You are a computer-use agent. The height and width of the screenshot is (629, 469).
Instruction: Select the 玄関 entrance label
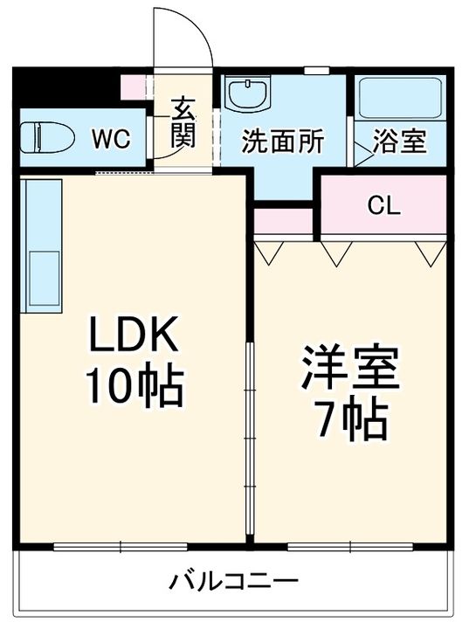click(183, 124)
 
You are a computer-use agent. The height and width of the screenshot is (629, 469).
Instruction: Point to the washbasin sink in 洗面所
click(251, 93)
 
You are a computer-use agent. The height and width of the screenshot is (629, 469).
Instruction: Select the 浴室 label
click(400, 142)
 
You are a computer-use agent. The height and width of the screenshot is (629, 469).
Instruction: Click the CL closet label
click(383, 206)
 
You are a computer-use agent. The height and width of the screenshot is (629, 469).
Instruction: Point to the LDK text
click(134, 335)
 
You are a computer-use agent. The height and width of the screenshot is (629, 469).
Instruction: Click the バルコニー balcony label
click(234, 581)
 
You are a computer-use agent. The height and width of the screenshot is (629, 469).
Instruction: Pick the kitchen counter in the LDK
click(42, 246)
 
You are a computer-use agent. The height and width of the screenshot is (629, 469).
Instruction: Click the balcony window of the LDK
click(120, 547)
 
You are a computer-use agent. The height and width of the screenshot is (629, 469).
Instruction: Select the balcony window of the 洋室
click(349, 547)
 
